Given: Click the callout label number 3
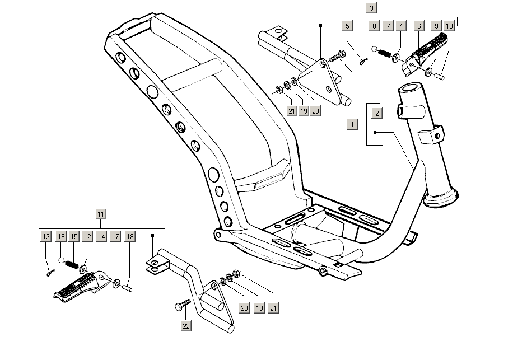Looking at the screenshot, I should tap(372, 8).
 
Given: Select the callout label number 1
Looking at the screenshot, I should tap(352, 124).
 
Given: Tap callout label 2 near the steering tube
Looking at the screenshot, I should tap(377, 113).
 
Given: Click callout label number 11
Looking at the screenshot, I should tap(100, 214).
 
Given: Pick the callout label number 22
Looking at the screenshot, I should tap(186, 325).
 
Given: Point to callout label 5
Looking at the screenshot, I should tap(347, 26).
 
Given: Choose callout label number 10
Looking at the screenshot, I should tap(449, 26).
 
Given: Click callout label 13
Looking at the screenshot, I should tap(46, 237).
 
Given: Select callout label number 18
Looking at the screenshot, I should tap(129, 237).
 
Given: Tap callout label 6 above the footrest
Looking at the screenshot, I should tap(418, 26).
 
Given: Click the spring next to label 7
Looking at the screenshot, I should tap(384, 53).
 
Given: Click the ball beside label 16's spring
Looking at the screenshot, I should tap(62, 260).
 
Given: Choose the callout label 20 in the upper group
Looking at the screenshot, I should tap(316, 111).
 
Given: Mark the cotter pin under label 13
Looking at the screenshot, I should tap(49, 273).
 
